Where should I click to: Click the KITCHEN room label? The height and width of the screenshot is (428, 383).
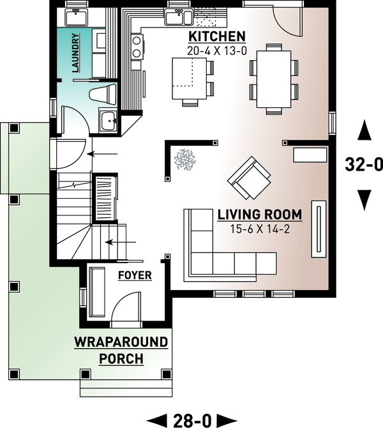[x=216, y=36]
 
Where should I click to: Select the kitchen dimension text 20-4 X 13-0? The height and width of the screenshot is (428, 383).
[x=216, y=49]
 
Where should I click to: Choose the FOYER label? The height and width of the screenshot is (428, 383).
[x=135, y=275]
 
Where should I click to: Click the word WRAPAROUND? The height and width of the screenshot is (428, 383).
[x=121, y=342]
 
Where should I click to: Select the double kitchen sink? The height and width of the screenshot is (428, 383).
[x=175, y=16]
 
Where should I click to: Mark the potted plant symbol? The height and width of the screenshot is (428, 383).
[x=186, y=158]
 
